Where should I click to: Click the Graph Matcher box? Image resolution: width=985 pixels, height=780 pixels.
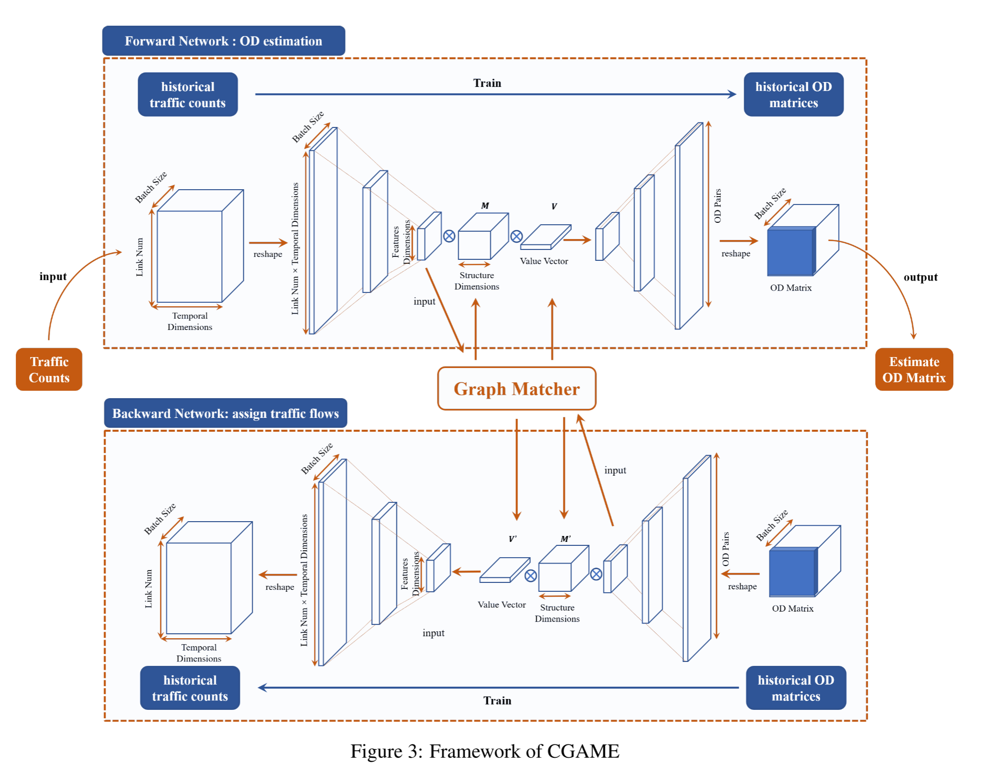coord(516,389)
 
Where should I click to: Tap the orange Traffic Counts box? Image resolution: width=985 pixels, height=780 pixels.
coord(49,369)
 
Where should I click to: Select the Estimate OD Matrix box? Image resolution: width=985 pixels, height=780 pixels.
coord(913,369)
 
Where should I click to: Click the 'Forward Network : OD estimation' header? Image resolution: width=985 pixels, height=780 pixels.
coord(223,41)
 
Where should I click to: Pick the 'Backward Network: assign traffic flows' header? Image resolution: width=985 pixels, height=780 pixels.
coord(225,413)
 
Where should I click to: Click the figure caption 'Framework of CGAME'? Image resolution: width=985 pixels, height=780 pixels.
coord(485,751)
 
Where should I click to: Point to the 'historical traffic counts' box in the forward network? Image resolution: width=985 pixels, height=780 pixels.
coord(188,94)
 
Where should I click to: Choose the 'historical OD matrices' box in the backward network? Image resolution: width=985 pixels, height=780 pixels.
coord(795,688)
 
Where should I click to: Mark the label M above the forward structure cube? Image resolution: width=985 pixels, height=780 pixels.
coord(485,205)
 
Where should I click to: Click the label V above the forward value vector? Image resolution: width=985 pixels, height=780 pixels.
coord(554,206)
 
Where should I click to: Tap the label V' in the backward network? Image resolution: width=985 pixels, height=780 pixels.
coord(512,539)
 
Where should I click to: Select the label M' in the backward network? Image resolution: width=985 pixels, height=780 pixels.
coord(565,539)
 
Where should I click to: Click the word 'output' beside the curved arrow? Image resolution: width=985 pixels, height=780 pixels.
coord(920,277)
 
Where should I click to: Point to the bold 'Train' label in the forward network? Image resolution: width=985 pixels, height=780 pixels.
coord(487,83)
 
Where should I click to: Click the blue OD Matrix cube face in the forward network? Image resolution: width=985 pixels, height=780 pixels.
coord(790,252)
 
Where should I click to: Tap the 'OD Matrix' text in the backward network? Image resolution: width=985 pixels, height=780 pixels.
coord(792,609)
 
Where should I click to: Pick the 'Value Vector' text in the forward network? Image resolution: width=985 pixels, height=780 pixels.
coord(544,261)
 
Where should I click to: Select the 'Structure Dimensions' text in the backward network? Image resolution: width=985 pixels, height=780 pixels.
coord(557,613)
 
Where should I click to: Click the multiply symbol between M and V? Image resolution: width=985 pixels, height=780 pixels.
coord(516,236)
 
